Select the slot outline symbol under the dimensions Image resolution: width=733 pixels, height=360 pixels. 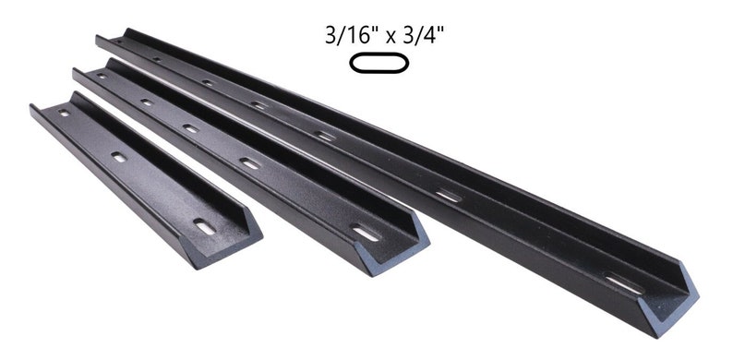(x=377, y=64)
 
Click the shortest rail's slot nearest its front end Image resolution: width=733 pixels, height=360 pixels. (x=204, y=225)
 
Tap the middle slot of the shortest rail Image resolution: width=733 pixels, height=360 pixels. (x=120, y=158)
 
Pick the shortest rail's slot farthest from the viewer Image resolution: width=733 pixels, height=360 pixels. (x=64, y=114)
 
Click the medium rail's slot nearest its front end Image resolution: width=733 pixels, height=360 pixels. (x=366, y=234)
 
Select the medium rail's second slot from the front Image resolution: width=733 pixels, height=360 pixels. (x=250, y=163)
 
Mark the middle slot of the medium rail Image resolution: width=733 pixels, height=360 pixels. (x=191, y=128)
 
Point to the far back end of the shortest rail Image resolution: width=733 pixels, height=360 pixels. (x=37, y=111)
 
